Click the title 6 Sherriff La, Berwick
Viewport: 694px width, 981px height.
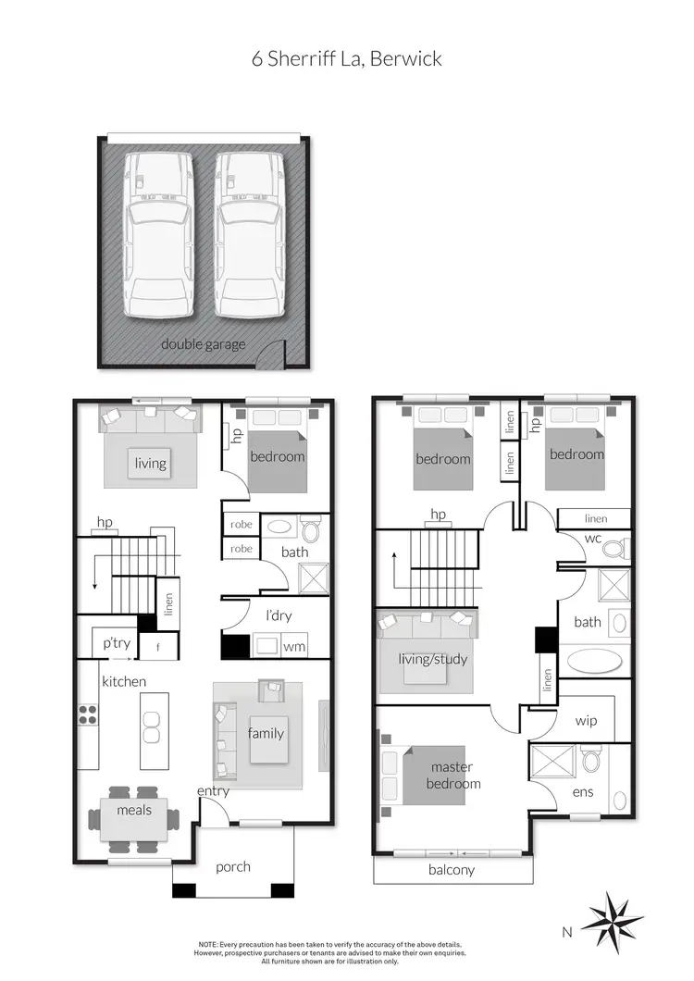coord(347,59)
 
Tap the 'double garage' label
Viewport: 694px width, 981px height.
coord(204,344)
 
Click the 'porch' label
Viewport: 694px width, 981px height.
coord(233,866)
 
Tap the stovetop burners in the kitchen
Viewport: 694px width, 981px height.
coord(87,714)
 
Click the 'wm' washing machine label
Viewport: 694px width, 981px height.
coord(294,647)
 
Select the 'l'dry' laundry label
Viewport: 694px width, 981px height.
coord(279,615)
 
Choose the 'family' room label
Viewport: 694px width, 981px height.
coord(266,734)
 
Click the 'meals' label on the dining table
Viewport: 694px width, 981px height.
coord(133,811)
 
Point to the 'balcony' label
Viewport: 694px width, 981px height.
coord(452,870)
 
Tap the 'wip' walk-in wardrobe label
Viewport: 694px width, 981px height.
coord(586,720)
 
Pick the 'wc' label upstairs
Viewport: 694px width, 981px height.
coord(594,540)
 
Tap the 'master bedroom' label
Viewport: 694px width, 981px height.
coord(453,776)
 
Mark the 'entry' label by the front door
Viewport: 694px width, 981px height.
coord(213,791)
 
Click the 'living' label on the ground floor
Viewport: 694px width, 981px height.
coord(150,463)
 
